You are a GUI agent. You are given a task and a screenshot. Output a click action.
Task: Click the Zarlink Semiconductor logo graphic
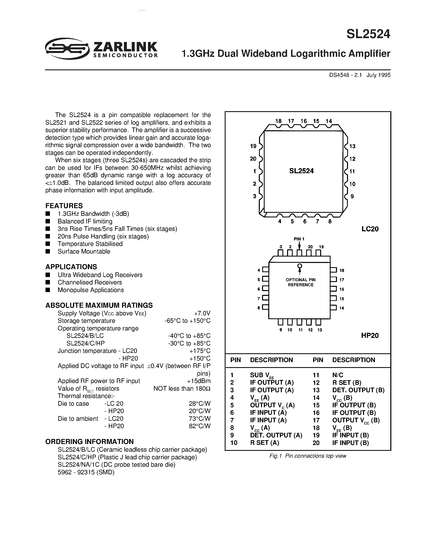pos(67,49)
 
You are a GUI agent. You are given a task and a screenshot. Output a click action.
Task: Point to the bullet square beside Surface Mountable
pos(48,251)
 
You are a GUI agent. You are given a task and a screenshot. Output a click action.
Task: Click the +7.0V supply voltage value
pos(202,313)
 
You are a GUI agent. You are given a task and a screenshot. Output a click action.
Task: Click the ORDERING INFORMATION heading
pos(89,442)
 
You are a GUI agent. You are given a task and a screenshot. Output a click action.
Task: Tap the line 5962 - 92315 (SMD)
pos(86,472)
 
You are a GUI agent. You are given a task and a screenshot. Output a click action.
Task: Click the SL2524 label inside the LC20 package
pos(301,171)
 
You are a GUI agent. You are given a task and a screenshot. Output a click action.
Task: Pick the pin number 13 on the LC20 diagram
pos(352,146)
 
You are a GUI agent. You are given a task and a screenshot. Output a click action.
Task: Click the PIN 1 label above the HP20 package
pos(299,239)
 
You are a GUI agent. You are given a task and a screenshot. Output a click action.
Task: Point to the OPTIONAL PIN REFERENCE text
pos(300,282)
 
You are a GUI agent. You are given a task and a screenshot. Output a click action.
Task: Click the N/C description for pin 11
pos(338,375)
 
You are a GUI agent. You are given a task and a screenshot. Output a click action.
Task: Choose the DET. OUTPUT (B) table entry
pos(358,390)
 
